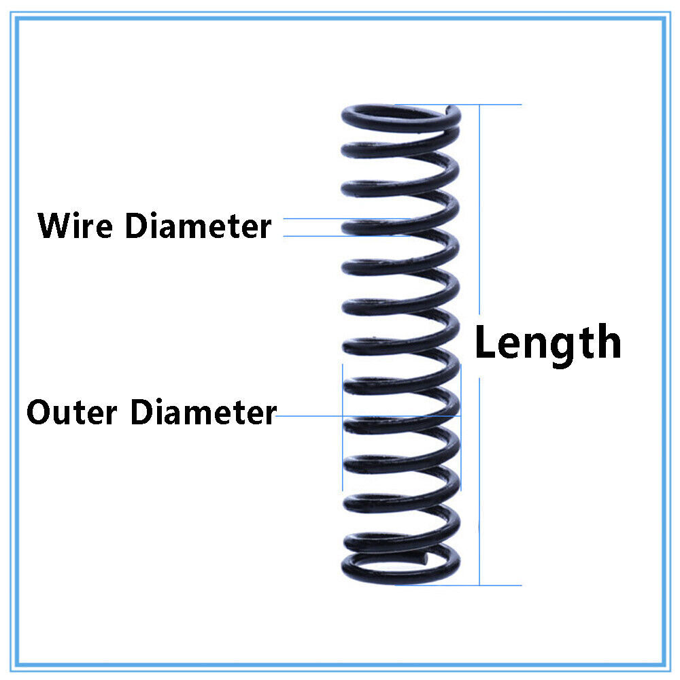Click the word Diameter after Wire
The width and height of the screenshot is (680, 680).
click(198, 226)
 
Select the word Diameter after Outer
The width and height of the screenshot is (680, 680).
click(203, 413)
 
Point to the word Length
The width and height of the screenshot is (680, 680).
click(547, 343)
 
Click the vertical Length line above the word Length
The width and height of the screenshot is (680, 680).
click(480, 204)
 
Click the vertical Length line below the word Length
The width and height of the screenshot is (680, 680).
click(479, 476)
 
